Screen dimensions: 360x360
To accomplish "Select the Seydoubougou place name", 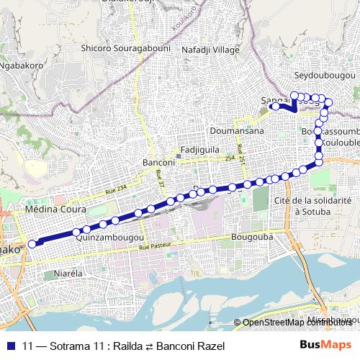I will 325,75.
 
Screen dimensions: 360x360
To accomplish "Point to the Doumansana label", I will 237,131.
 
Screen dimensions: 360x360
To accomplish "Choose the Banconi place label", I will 159,163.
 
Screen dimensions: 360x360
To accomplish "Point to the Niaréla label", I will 70,274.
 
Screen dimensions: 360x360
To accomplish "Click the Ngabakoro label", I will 22,65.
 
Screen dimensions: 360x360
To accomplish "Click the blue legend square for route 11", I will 10,345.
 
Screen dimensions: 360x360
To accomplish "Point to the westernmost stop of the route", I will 32,244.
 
